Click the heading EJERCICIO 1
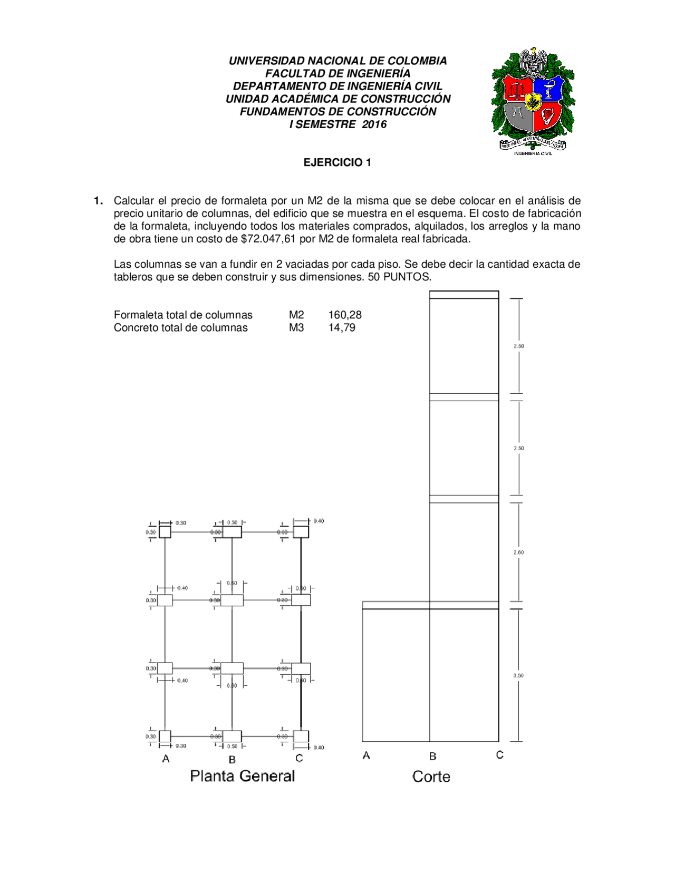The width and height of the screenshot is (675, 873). click(x=337, y=162)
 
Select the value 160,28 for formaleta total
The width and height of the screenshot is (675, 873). click(x=345, y=315)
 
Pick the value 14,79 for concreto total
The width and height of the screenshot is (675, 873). click(x=342, y=327)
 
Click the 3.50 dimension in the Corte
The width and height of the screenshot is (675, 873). click(x=518, y=675)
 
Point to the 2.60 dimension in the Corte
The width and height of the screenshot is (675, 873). click(x=518, y=552)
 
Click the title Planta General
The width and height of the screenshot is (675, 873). click(x=242, y=776)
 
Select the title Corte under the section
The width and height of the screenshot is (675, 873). click(x=431, y=777)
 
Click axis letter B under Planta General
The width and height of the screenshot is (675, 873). click(x=232, y=760)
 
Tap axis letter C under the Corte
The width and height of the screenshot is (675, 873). click(x=499, y=755)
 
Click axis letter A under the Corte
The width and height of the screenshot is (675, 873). click(x=367, y=755)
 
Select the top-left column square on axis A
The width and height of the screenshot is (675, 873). click(x=165, y=532)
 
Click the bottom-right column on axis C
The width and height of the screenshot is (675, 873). click(x=301, y=736)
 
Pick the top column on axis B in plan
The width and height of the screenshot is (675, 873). click(x=232, y=532)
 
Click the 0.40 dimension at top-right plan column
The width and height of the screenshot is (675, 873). click(x=319, y=521)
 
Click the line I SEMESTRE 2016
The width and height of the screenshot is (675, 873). click(x=337, y=124)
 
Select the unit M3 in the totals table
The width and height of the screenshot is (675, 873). click(x=296, y=327)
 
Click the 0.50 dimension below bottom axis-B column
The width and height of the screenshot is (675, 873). click(x=232, y=746)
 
